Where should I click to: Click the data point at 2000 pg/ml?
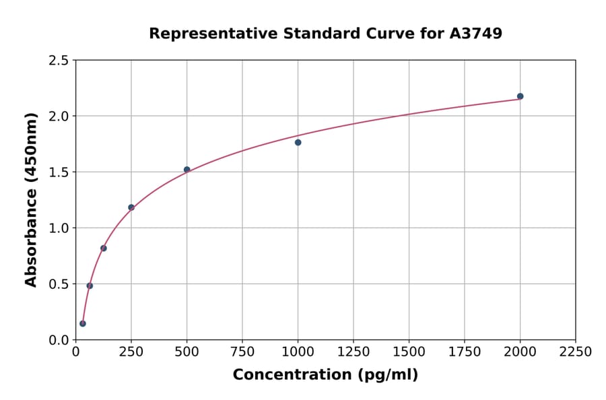[x=520, y=96]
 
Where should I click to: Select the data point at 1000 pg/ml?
[x=298, y=142]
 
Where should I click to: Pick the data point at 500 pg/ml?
[x=187, y=170]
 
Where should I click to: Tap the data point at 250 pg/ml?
[x=131, y=207]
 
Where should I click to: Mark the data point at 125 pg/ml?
[x=104, y=248]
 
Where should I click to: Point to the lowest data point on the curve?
[x=83, y=323]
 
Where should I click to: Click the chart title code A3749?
[x=475, y=33]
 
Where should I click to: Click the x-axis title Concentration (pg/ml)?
[x=325, y=375]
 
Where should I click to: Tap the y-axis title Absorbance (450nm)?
[x=31, y=199]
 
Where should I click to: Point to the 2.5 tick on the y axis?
[x=59, y=61]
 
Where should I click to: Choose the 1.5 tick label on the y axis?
[x=59, y=172]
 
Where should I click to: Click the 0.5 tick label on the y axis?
[x=59, y=284]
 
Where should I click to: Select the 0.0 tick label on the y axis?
[x=59, y=340]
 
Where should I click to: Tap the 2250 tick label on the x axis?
[x=576, y=352]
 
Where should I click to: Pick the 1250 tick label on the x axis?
[x=353, y=352]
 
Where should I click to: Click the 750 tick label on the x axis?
[x=242, y=352]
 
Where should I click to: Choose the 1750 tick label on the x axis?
[x=465, y=352]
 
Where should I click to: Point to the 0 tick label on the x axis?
[x=75, y=352]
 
